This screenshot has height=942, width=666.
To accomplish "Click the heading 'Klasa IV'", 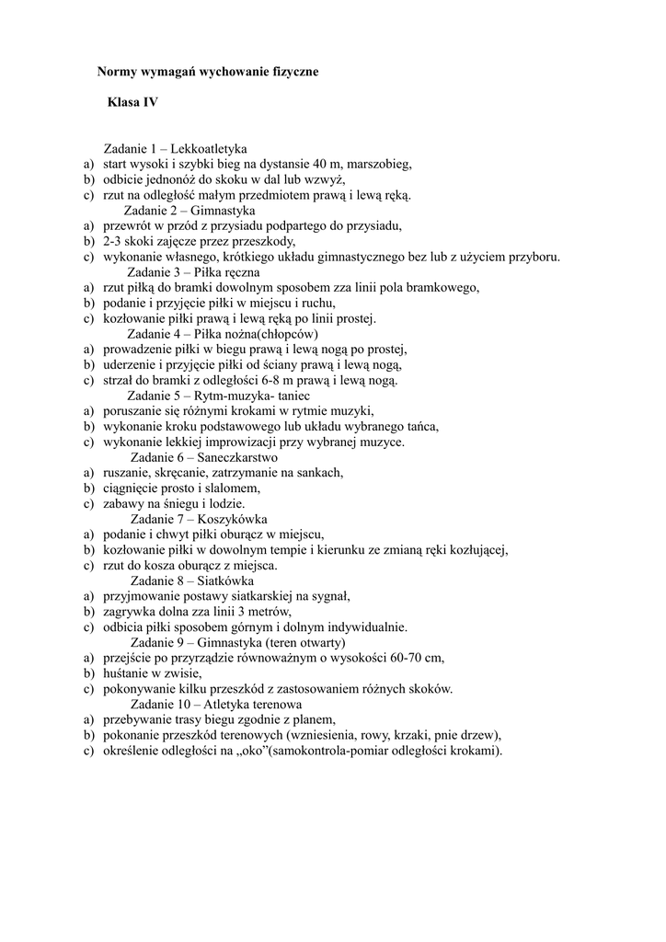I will click(x=132, y=103).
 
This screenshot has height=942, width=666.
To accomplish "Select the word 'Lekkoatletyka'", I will click(x=209, y=149).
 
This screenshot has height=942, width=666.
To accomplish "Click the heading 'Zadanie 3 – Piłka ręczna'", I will click(x=193, y=272).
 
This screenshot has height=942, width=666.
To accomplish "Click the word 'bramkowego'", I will click(x=446, y=288).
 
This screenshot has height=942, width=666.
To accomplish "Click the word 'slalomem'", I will click(x=234, y=488).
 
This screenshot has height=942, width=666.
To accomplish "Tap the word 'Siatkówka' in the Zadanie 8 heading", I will click(x=225, y=580).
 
